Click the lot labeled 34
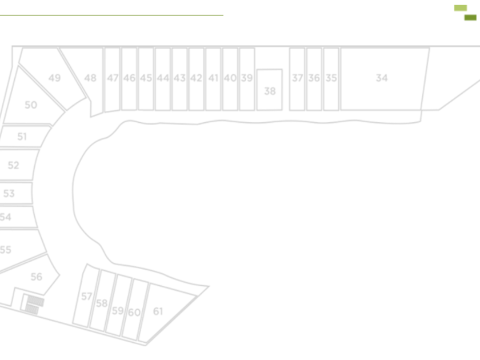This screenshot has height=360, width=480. click(382, 78)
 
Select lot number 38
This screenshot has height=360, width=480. click(270, 91)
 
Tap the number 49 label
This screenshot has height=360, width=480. click(54, 78)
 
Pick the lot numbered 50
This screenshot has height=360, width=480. click(31, 105)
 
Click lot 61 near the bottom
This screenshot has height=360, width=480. click(158, 311)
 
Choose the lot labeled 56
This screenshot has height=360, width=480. click(36, 277)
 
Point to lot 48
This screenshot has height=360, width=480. click(90, 78)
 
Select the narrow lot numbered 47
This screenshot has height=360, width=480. click(113, 78)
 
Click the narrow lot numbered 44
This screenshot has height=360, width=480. click(163, 78)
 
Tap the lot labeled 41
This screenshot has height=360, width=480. click(213, 78)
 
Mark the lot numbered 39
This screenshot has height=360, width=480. click(246, 78)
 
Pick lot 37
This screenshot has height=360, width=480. click(297, 78)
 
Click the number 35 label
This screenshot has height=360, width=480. click(331, 78)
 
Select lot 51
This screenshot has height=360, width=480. click(22, 137)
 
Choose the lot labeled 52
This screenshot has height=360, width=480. click(13, 165)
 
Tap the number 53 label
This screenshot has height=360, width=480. click(9, 194)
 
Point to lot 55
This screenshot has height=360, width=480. click(6, 250)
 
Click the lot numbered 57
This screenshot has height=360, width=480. click(86, 297)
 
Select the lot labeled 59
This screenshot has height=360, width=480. click(117, 311)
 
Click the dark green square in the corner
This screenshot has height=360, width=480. click(470, 18)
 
